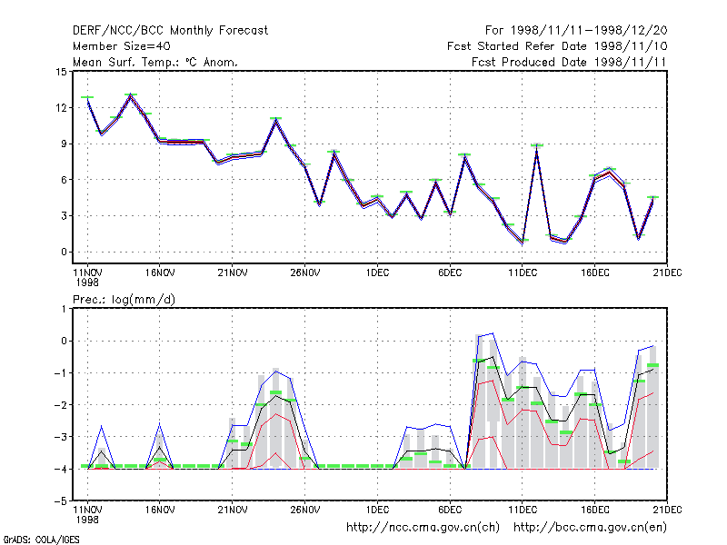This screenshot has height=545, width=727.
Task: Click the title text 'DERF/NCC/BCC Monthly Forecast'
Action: coord(170,31)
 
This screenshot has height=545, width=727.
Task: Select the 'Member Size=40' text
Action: coord(122,46)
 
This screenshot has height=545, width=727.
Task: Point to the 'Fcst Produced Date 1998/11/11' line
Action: coord(569,62)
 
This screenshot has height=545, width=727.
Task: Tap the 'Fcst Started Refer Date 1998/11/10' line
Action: coord(557,46)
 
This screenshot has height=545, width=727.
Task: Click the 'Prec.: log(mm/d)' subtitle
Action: coord(124,300)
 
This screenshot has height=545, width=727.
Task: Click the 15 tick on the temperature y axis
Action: coord(61,72)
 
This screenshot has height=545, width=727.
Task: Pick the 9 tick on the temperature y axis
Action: coord(64,144)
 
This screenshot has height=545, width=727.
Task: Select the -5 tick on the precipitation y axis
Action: coord(61,501)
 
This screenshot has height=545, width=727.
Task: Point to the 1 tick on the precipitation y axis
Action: coord(64,309)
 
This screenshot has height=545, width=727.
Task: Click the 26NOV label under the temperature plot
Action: coord(305,273)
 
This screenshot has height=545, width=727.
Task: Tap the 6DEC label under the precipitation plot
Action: coord(450,510)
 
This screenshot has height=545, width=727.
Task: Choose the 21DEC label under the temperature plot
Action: coord(667,273)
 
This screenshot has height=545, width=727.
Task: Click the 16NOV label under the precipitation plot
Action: coord(160,510)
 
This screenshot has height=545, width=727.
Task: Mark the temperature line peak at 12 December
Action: coord(536,147)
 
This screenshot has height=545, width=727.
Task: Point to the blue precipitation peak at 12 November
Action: coord(102,425)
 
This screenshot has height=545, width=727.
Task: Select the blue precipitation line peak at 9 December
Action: coord(493,333)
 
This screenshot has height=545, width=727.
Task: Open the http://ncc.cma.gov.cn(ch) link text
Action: coord(423,528)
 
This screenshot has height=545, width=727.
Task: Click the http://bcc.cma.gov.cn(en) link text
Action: coord(590,528)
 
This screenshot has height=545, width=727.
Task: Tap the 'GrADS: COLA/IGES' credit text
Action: coord(41,540)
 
